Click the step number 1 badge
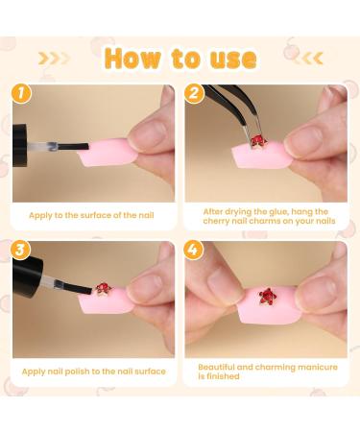(21, 94)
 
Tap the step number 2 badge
(194, 94)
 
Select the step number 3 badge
(20, 250)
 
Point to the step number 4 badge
(193, 250)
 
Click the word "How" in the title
(132, 59)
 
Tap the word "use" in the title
(233, 60)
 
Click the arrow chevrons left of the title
(54, 59)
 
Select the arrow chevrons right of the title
(307, 59)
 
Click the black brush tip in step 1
(73, 147)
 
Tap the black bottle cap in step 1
(20, 145)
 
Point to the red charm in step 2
(257, 142)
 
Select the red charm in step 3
(103, 289)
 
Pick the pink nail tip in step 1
(108, 153)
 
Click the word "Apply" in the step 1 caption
(40, 215)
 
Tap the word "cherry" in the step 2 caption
(216, 221)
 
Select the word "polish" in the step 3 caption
(77, 372)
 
